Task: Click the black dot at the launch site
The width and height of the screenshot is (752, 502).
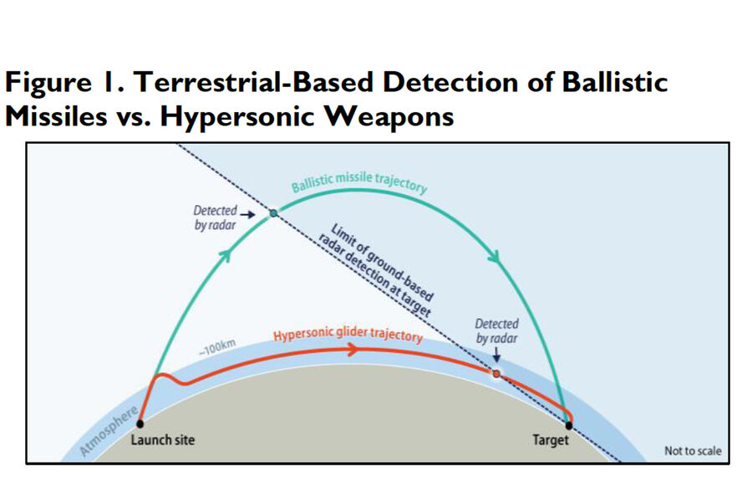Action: (x=140, y=423)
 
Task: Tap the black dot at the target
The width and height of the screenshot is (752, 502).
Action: (x=569, y=425)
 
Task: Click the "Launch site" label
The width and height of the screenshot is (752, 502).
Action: (x=163, y=439)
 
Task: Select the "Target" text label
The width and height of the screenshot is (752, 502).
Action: (x=551, y=440)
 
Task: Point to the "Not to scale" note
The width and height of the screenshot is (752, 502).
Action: (x=693, y=451)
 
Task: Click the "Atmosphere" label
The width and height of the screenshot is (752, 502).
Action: (x=109, y=431)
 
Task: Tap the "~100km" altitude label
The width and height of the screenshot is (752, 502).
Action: (x=218, y=347)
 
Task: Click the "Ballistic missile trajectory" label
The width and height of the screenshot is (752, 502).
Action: (x=359, y=182)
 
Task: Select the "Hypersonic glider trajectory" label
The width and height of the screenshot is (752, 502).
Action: (x=348, y=335)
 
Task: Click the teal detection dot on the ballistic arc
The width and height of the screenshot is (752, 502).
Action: (x=273, y=213)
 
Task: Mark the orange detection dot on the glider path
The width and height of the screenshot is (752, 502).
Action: (x=496, y=373)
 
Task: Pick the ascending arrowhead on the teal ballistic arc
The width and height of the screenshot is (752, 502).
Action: (x=226, y=254)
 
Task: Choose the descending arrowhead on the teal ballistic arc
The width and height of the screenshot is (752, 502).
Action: (x=495, y=257)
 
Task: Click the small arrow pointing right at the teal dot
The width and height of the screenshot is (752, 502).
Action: (x=247, y=214)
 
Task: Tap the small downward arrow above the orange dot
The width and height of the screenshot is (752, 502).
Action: (x=497, y=355)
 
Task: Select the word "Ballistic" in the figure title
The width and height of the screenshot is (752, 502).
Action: (x=615, y=82)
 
